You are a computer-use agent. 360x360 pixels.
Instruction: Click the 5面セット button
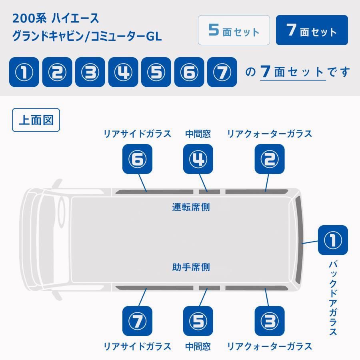(x=234, y=30)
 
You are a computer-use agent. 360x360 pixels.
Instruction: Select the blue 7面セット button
(x=312, y=30)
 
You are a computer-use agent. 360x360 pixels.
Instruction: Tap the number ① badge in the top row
(x=24, y=72)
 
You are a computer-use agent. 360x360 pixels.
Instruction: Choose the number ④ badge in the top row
(x=123, y=72)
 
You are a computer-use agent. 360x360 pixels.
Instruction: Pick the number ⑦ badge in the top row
(x=222, y=72)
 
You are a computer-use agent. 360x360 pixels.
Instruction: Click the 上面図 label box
(x=36, y=120)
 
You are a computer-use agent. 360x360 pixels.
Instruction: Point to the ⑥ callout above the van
(x=138, y=159)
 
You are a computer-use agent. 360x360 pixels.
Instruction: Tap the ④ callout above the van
(x=198, y=159)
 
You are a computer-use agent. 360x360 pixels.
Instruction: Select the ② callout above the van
(x=270, y=159)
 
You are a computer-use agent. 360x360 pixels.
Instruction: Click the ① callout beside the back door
(x=333, y=240)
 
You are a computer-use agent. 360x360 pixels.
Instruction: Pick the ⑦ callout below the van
(x=138, y=321)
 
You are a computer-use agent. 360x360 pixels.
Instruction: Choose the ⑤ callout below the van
(x=198, y=321)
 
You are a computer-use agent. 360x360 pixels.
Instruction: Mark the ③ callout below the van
(x=270, y=321)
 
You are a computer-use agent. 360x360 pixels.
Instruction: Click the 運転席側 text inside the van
(x=191, y=207)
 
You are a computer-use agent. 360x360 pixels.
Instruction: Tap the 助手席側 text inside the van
(x=191, y=267)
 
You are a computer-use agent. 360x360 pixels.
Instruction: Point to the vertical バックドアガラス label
(x=333, y=298)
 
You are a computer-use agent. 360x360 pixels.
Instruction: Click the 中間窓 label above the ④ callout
(x=198, y=134)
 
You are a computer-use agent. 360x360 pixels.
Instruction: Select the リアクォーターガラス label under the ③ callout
(x=270, y=346)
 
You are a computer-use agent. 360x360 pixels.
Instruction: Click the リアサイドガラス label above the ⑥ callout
(x=137, y=134)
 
